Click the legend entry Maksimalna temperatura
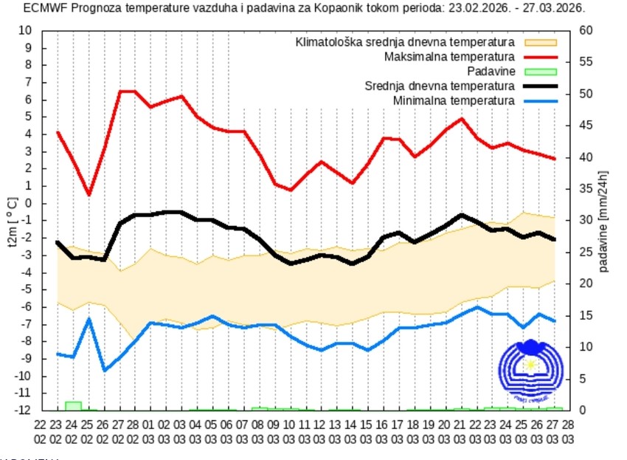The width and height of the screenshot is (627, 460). pos(449,57)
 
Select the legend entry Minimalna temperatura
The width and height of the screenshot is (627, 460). pos(454,100)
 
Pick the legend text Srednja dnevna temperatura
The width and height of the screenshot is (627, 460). pos(440,86)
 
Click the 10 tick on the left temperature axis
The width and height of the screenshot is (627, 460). pos(26,30)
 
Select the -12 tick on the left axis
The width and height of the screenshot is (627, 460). pos(24,410)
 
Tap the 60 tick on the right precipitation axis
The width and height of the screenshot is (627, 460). pos(586,30)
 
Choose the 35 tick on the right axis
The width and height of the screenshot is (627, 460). pos(586,189)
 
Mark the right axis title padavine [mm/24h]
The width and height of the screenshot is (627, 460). pos(604,221)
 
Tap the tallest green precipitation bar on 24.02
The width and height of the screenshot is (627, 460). pos(73,405)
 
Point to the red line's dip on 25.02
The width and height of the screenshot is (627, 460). pos(89,195)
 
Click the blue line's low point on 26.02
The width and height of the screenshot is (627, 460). pos(104,370)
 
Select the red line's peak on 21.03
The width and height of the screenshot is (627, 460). pos(462,118)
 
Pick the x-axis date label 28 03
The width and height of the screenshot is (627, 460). pos(568,432)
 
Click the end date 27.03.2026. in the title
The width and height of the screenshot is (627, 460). pos(547,9)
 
